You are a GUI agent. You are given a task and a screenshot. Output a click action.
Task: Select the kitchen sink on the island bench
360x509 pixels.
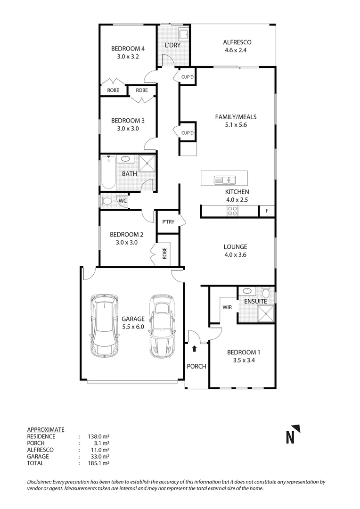pos(225,180)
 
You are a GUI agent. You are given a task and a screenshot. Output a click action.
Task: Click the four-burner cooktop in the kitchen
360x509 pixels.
pos(232,211)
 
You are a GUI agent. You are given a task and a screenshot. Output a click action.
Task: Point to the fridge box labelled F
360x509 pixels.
pos(267,211)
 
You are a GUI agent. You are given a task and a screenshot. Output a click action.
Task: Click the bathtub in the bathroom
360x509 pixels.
pos(108,173)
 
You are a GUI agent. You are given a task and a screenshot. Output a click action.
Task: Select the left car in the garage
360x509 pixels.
pos(105,326)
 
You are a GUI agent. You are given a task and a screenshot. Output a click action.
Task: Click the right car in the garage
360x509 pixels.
pos(161,326)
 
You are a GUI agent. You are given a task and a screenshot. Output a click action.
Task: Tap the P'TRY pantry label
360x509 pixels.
pos(167,222)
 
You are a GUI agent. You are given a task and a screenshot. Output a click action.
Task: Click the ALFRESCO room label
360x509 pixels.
pos(234,42)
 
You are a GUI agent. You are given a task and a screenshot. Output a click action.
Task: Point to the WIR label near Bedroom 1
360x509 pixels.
pos(227,307)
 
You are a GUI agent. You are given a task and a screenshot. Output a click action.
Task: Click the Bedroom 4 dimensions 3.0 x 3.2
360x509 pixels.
pos(127,56)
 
